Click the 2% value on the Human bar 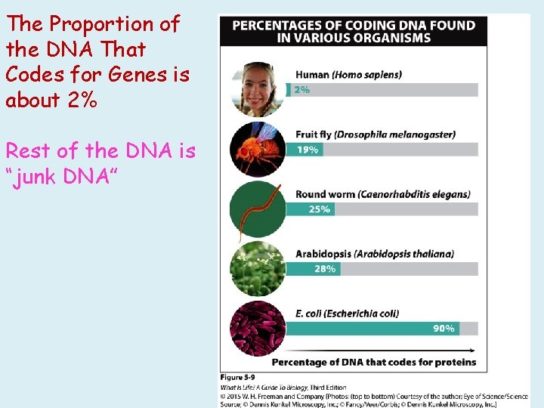(302, 90)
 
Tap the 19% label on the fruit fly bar (307, 150)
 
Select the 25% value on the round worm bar (319, 209)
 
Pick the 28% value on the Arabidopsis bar (324, 268)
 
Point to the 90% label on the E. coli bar (444, 329)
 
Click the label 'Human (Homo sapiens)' (348, 75)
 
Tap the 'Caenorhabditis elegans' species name (413, 194)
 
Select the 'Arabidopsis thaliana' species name (404, 254)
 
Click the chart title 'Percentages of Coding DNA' (354, 32)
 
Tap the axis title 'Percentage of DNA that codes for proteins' (373, 362)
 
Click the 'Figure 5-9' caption (237, 377)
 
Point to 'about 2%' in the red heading (51, 99)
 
